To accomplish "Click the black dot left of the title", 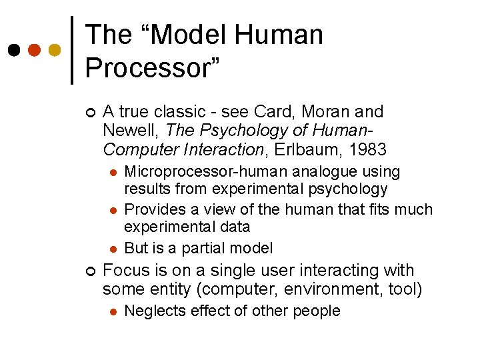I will tap(13, 50).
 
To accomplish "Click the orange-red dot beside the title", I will tap(33, 50).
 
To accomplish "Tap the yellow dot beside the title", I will tap(55, 50).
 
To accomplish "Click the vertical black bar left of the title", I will tap(72, 50).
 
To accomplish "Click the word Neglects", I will tap(155, 311).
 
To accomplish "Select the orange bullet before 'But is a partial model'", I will tap(113, 249).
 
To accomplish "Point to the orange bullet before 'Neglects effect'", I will tap(113, 311).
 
